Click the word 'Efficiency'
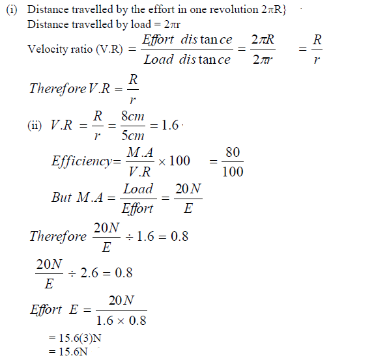coord(81,161)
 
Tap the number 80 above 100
coord(232,152)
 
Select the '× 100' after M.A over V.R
coord(175,161)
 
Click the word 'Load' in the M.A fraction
coord(138,189)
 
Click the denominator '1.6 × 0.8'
coord(121,320)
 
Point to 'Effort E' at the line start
coord(55,310)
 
